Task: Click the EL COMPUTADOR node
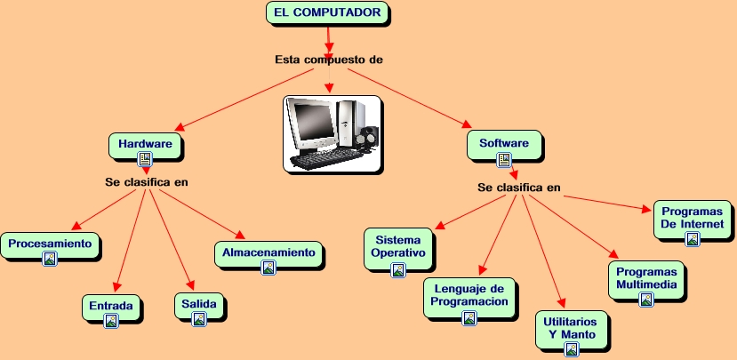328,12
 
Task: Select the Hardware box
145,143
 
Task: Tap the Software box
504,142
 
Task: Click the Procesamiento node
50,243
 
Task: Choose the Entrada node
111,307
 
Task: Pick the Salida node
199,304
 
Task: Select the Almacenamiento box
268,252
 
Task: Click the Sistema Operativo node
398,246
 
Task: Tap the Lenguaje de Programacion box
469,294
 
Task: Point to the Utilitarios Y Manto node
572,326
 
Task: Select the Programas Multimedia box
646,278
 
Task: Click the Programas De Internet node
693,218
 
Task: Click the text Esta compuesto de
328,60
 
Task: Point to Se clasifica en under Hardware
147,181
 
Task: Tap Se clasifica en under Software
519,188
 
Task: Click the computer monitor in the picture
313,126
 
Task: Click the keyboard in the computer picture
324,162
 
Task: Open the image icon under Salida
199,318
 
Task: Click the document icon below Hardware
145,159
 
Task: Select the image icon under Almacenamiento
268,267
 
